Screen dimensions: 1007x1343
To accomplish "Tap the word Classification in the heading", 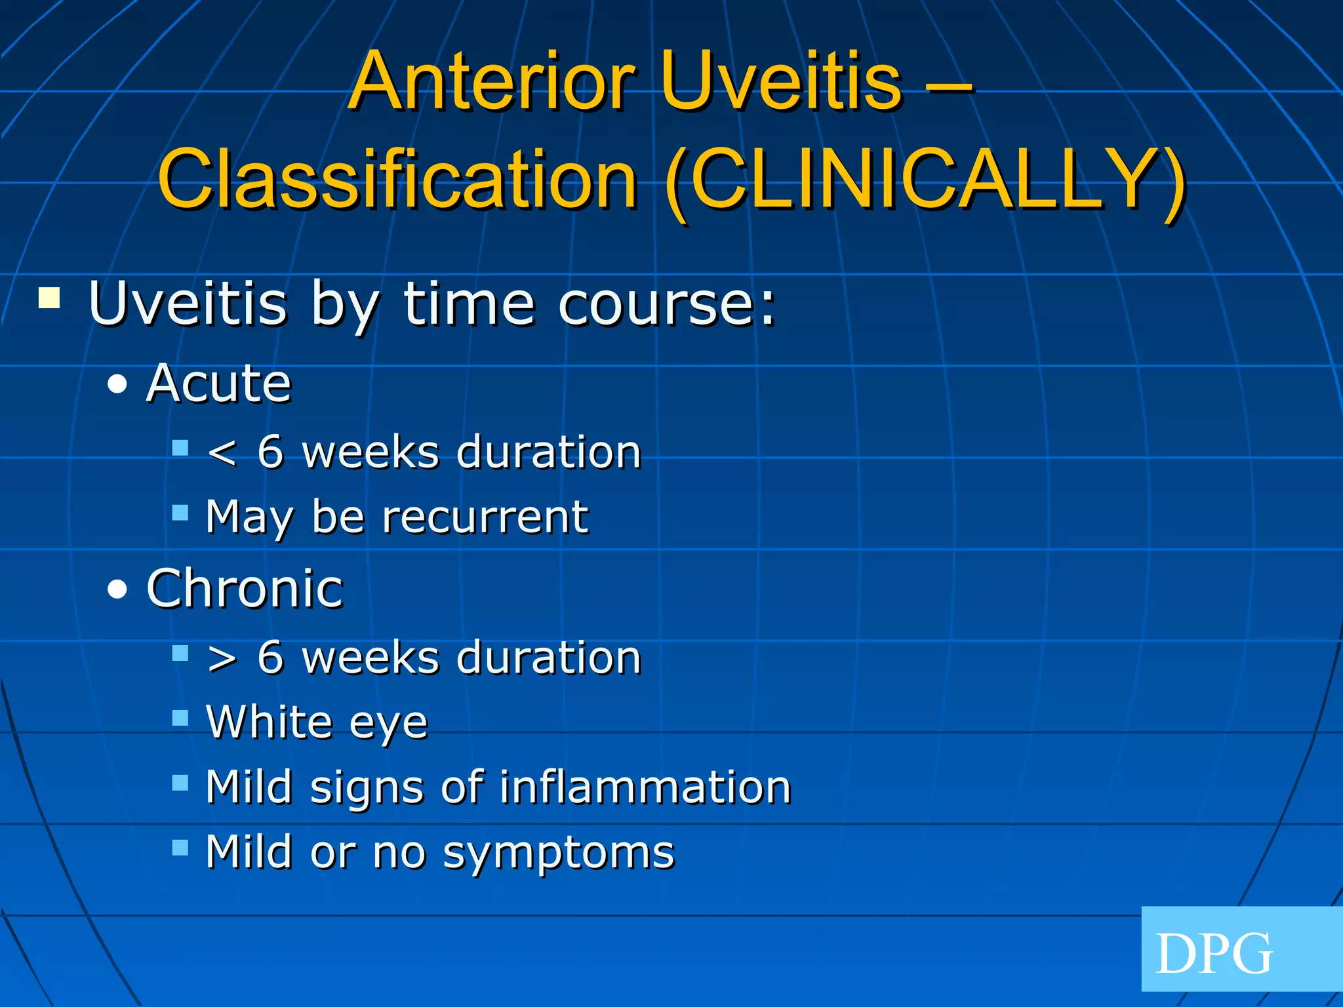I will tap(398, 179).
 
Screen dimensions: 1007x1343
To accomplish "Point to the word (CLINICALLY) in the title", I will tap(925, 179).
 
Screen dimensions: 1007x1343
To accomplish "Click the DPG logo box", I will tap(1241, 949).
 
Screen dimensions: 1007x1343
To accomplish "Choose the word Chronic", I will tap(245, 588).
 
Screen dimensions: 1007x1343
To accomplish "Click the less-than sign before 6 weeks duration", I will tap(222, 453).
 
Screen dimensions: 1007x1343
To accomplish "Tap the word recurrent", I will tap(485, 517).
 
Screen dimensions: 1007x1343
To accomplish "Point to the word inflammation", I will tap(645, 787).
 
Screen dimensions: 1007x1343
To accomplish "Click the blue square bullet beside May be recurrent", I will tap(180, 512).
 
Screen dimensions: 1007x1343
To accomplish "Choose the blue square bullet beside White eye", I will tap(180, 717).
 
